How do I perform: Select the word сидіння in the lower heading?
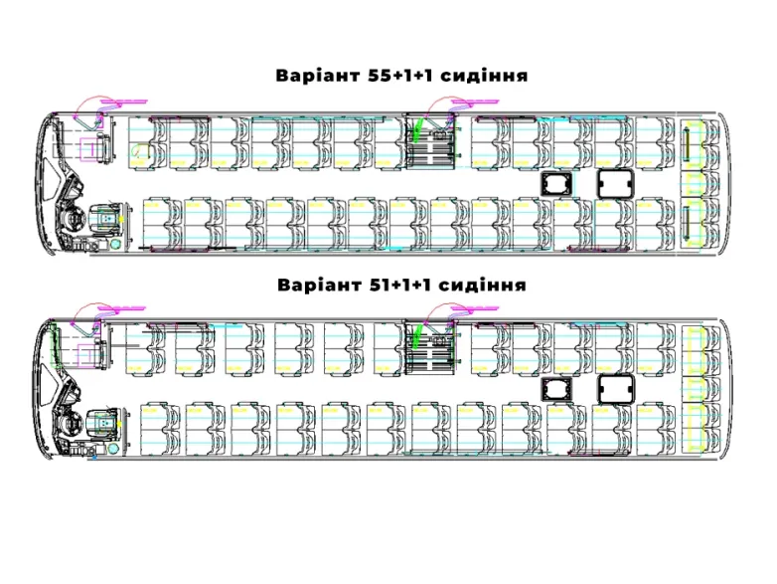(x=482, y=285)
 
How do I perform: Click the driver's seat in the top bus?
(x=103, y=218)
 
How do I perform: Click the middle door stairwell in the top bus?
(x=432, y=145)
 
